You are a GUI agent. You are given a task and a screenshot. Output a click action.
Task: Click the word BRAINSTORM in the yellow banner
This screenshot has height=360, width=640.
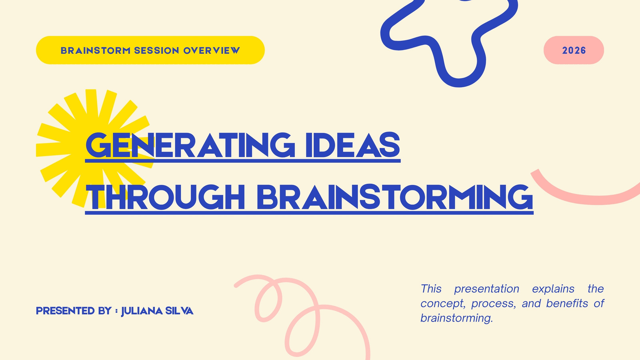(96, 50)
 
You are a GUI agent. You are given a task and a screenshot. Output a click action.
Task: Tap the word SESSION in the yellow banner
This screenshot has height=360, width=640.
(156, 50)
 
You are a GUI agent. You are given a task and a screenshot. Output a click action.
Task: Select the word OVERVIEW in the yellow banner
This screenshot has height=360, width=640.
(212, 50)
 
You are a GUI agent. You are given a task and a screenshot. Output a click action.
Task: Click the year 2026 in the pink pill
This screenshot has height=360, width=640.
(574, 50)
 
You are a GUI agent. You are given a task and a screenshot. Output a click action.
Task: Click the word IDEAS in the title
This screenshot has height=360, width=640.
(352, 145)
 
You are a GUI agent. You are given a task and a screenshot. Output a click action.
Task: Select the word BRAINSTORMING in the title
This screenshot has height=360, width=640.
(395, 197)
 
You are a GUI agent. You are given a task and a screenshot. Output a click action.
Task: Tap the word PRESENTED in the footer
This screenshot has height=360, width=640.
(65, 311)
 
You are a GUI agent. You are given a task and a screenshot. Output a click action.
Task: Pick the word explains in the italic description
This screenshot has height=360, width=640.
(553, 289)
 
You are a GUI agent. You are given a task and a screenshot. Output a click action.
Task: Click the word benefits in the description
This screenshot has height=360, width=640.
(567, 304)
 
